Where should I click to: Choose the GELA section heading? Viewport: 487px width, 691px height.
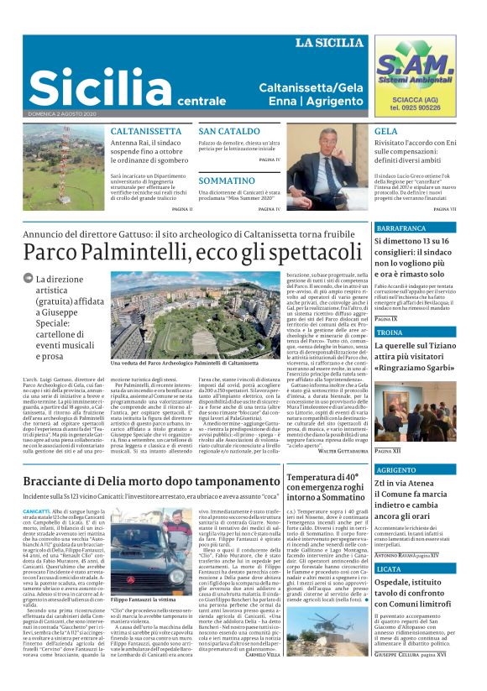[386, 132]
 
